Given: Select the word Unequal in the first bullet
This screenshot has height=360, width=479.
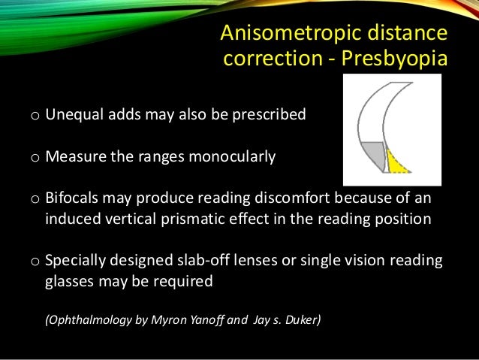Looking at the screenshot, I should click(x=71, y=116).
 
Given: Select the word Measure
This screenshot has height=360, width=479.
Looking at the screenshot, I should click(x=73, y=158).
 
